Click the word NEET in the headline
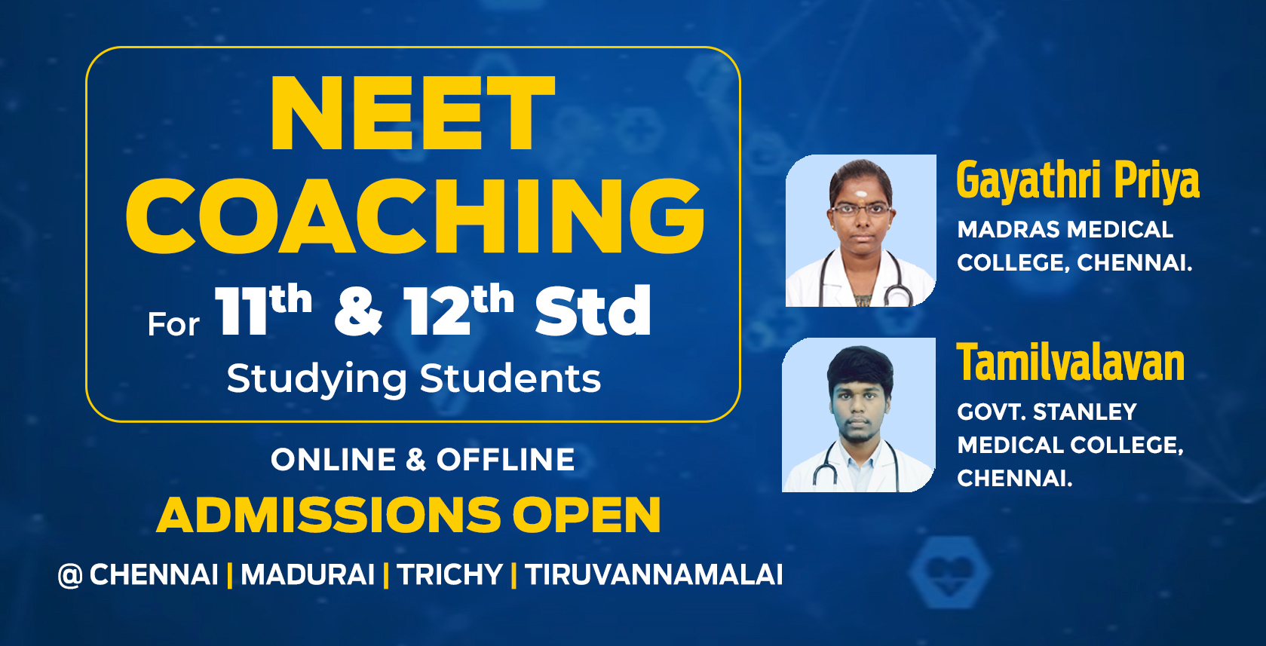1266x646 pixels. pyautogui.click(x=412, y=115)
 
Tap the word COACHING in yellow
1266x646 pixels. pyautogui.click(x=415, y=217)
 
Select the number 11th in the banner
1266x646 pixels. pyautogui.click(x=262, y=310)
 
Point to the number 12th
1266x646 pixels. pyautogui.click(x=458, y=310)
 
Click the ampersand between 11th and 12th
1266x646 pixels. pyautogui.click(x=358, y=311)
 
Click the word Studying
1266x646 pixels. pyautogui.click(x=317, y=379)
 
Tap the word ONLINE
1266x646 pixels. pyautogui.click(x=333, y=460)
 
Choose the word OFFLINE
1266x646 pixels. pyautogui.click(x=505, y=460)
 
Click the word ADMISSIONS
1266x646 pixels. pyautogui.click(x=329, y=516)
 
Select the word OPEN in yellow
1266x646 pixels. pyautogui.click(x=587, y=516)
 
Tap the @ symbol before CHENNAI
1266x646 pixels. pyautogui.click(x=69, y=576)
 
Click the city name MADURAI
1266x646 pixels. pyautogui.click(x=308, y=575)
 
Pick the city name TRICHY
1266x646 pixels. pyautogui.click(x=449, y=575)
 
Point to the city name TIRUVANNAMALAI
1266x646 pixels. pyautogui.click(x=654, y=575)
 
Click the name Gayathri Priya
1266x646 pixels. pyautogui.click(x=1077, y=181)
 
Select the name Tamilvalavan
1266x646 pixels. pyautogui.click(x=1071, y=363)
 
